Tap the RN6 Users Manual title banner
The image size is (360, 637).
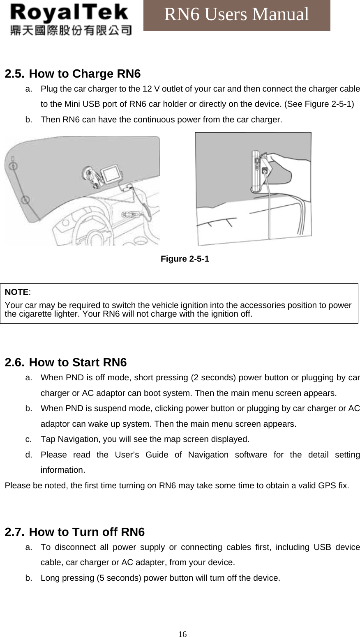click(x=236, y=15)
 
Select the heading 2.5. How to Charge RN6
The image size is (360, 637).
click(x=72, y=74)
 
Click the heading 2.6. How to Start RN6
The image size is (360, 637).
click(x=66, y=363)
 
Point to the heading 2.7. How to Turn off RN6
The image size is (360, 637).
click(x=74, y=532)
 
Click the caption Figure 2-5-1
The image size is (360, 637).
click(x=185, y=259)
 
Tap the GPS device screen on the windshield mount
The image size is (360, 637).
click(x=111, y=174)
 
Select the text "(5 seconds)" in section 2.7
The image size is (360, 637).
click(x=118, y=578)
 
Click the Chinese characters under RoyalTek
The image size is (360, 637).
click(x=71, y=30)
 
